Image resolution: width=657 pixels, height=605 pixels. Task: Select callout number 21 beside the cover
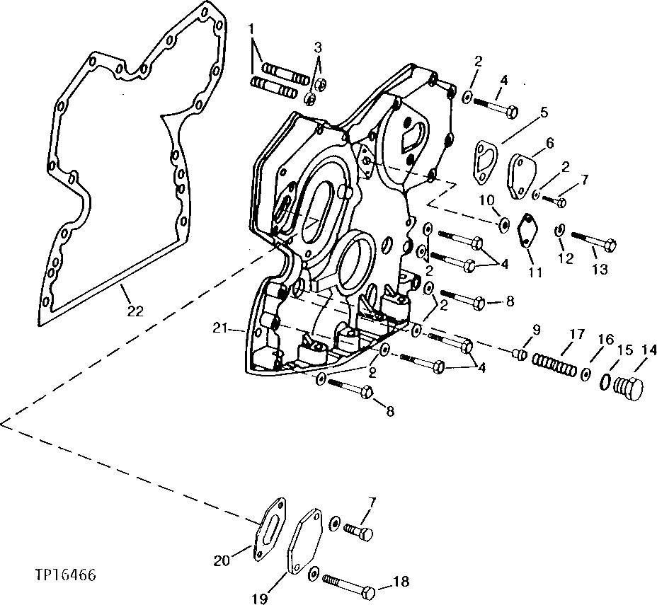click(x=220, y=328)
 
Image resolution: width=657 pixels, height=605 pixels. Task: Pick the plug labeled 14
click(x=627, y=388)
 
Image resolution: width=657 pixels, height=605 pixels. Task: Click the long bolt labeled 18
click(x=350, y=585)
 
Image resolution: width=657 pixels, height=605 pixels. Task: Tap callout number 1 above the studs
click(x=251, y=28)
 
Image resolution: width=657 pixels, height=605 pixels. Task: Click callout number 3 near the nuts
click(x=319, y=47)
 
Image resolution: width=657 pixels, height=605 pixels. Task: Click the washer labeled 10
click(x=504, y=224)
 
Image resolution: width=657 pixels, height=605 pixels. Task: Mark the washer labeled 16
click(x=586, y=373)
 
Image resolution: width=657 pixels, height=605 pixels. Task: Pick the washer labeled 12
click(x=559, y=230)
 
